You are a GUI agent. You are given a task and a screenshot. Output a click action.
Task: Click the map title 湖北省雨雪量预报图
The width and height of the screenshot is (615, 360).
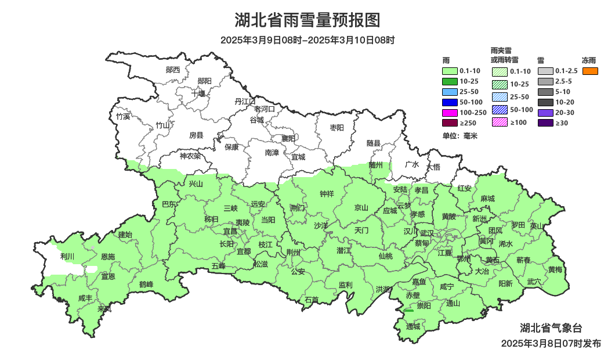(307, 21)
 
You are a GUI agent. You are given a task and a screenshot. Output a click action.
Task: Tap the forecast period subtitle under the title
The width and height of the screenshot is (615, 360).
(307, 40)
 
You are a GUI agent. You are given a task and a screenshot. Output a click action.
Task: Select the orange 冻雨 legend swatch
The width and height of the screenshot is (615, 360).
(591, 71)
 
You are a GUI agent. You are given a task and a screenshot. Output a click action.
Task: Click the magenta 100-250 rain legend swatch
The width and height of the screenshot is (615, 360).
(450, 112)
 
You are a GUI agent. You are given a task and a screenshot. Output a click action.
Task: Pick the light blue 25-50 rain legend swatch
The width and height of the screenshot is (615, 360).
(450, 92)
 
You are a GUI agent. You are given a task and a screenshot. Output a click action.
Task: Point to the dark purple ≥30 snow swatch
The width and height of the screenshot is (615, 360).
(545, 123)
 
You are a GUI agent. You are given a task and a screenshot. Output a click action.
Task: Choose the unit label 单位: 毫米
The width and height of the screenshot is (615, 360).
(459, 136)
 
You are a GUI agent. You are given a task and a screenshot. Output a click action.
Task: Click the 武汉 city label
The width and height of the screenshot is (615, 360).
(428, 232)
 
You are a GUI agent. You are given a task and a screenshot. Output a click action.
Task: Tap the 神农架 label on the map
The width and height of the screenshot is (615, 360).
(190, 156)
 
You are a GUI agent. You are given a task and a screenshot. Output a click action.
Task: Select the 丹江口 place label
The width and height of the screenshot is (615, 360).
(245, 101)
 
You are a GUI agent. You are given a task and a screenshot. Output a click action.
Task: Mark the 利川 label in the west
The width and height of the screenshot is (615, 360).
(67, 256)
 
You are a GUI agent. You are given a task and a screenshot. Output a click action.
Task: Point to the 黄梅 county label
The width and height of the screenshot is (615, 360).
(555, 269)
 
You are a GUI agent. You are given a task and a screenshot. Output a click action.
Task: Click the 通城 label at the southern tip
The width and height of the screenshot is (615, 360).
(413, 326)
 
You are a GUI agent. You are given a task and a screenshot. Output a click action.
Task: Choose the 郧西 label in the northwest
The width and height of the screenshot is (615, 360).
(173, 70)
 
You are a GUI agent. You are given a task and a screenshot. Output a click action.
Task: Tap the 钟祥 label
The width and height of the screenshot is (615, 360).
(327, 194)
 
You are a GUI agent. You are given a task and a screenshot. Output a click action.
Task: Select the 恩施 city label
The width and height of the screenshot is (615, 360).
(108, 256)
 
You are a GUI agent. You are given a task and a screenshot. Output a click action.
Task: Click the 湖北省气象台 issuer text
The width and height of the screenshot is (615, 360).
(551, 327)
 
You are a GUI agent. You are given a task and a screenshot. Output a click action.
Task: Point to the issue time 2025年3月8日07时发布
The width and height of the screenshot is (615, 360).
(551, 343)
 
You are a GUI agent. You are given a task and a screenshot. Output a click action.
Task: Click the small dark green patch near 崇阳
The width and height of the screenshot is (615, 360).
(408, 311)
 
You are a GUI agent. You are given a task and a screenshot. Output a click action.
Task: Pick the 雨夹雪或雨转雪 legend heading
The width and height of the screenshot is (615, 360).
(505, 55)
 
